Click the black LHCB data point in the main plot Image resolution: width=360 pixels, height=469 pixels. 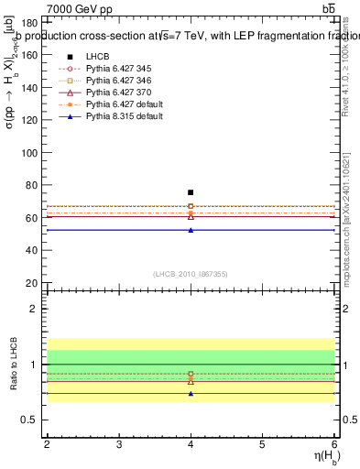coord(191,192)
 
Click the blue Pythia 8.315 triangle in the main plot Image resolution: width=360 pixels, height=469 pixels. coord(191,230)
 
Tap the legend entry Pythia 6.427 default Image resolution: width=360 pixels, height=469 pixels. coord(116,104)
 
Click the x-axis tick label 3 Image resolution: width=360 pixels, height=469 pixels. coord(119,443)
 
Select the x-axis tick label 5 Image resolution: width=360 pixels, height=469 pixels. coord(262,443)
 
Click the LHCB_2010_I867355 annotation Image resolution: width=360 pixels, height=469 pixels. coord(190,273)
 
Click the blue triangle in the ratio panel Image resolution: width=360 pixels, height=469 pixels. coord(191,393)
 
